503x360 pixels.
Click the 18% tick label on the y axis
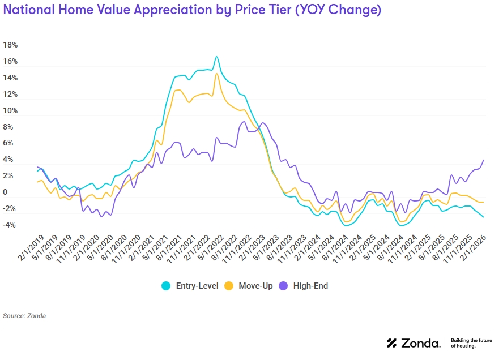[x=10, y=45]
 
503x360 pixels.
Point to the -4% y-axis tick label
[x=10, y=225]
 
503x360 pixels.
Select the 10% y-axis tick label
[x=10, y=110]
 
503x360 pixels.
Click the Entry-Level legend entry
[x=197, y=286]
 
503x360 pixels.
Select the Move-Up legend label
[x=255, y=286]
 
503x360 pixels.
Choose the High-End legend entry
[x=310, y=286]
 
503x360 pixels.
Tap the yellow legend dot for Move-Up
[x=229, y=286]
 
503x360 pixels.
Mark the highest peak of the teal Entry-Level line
[x=216, y=57]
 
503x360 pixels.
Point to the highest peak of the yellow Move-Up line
[x=216, y=74]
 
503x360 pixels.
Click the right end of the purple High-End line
[x=484, y=160]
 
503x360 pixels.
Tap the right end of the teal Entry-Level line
[x=484, y=217]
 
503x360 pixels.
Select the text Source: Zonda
[x=24, y=316]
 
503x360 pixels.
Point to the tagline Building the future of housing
[x=471, y=343]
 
